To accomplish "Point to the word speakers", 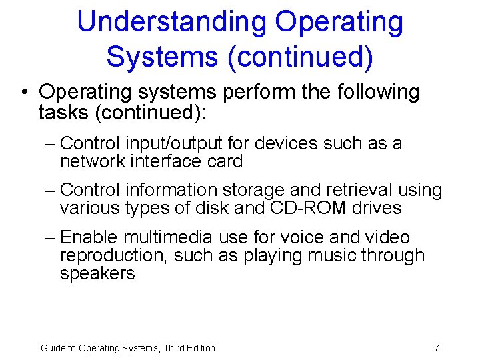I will [x=97, y=273].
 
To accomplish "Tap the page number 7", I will [x=436, y=348].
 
